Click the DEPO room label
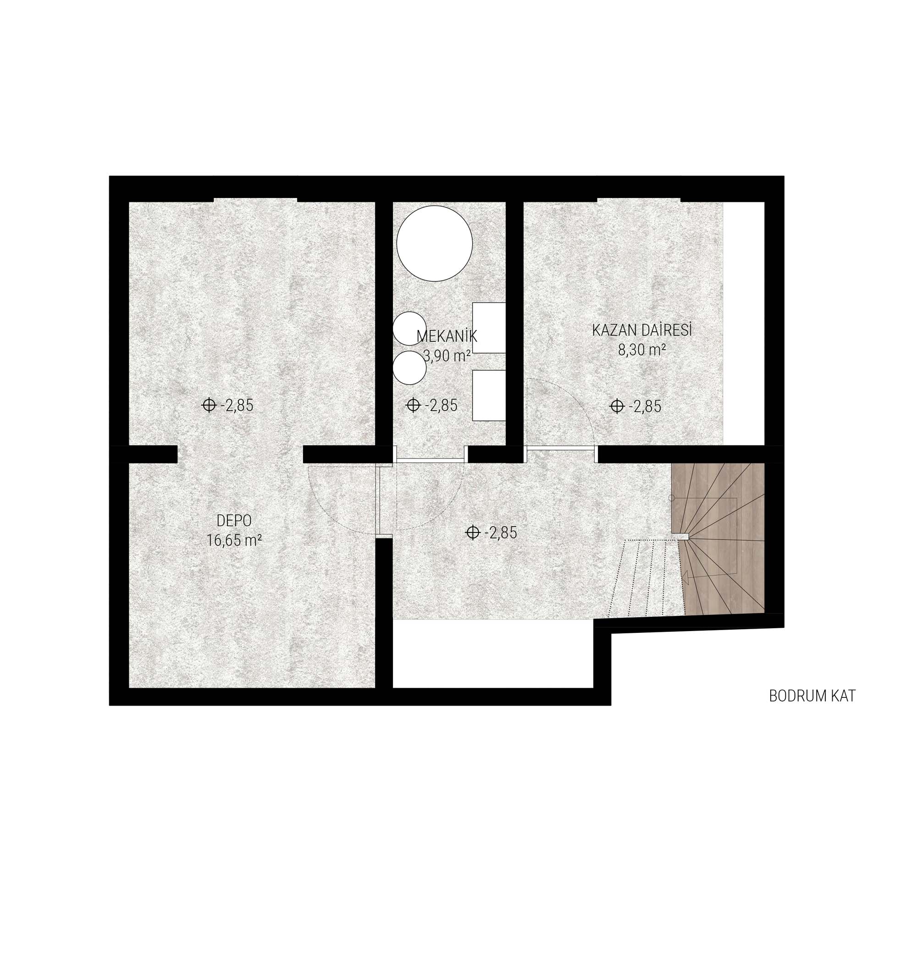234,521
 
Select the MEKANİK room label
447,336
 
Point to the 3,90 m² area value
447,356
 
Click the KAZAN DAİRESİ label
642,330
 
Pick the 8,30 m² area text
642,350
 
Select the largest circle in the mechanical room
434,243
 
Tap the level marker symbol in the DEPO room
209,406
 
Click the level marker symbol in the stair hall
472,532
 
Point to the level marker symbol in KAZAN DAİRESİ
617,406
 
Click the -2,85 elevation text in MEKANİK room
441,406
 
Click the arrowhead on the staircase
685,577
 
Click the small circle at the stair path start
671,498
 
